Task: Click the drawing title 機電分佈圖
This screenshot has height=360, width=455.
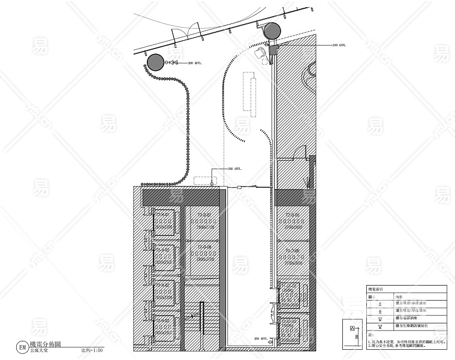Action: (49, 345)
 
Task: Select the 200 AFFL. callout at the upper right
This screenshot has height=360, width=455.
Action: (339, 45)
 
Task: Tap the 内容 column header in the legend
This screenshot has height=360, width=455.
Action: (399, 296)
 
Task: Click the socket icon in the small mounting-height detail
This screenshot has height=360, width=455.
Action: (352, 328)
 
